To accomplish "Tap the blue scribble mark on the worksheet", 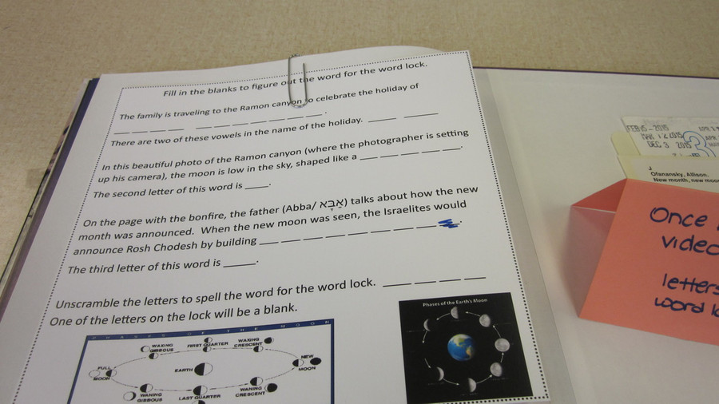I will click(x=447, y=227).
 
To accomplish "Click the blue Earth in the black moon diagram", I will click(x=460, y=347).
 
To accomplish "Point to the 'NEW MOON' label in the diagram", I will click(x=307, y=364).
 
